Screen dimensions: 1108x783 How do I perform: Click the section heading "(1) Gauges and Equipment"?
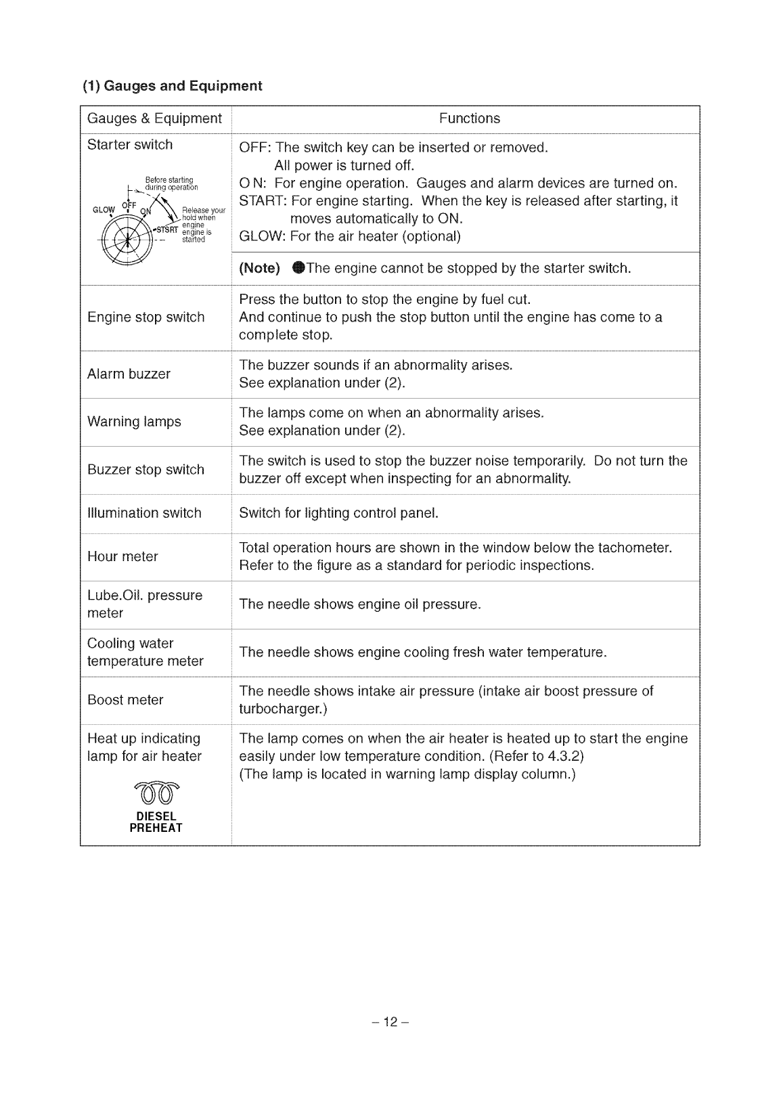pyautogui.click(x=172, y=86)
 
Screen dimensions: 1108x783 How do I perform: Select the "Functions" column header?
pyautogui.click(x=469, y=118)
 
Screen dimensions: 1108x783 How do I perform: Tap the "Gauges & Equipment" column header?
pyautogui.click(x=154, y=118)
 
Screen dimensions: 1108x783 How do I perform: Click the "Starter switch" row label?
pyautogui.click(x=130, y=144)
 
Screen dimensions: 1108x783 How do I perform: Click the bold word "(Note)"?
pyautogui.click(x=259, y=268)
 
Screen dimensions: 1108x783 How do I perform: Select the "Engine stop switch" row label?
pyautogui.click(x=146, y=317)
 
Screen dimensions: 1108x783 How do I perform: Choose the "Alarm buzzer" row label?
pyautogui.click(x=129, y=374)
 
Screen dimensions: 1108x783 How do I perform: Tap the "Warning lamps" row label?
pyautogui.click(x=134, y=421)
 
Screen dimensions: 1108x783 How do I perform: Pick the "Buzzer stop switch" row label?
pyautogui.click(x=146, y=469)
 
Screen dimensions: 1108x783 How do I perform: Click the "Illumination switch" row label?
pyautogui.click(x=144, y=512)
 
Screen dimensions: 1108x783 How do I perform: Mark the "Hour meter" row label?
pyautogui.click(x=122, y=556)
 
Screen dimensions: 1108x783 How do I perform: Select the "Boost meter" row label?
pyautogui.click(x=125, y=700)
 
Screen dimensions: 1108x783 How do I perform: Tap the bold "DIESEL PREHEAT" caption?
pyautogui.click(x=156, y=822)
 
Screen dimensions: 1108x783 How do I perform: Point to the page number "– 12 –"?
pyautogui.click(x=391, y=1021)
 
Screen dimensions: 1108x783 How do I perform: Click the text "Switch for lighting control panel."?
pyautogui.click(x=339, y=512)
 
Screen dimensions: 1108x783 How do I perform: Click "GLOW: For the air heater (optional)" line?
pyautogui.click(x=350, y=236)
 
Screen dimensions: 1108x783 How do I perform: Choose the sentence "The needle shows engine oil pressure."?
pyautogui.click(x=360, y=604)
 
